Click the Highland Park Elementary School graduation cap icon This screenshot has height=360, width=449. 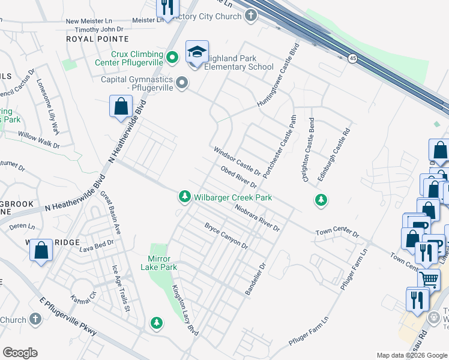(196, 52)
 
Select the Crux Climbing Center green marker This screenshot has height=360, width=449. (172, 58)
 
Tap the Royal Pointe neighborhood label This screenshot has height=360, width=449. (89, 38)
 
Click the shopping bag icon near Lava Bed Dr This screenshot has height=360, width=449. (42, 251)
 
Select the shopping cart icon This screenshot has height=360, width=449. (429, 278)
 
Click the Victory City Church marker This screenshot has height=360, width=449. (251, 16)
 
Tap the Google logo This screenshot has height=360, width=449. (20, 353)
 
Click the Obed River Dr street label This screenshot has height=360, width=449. (239, 176)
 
